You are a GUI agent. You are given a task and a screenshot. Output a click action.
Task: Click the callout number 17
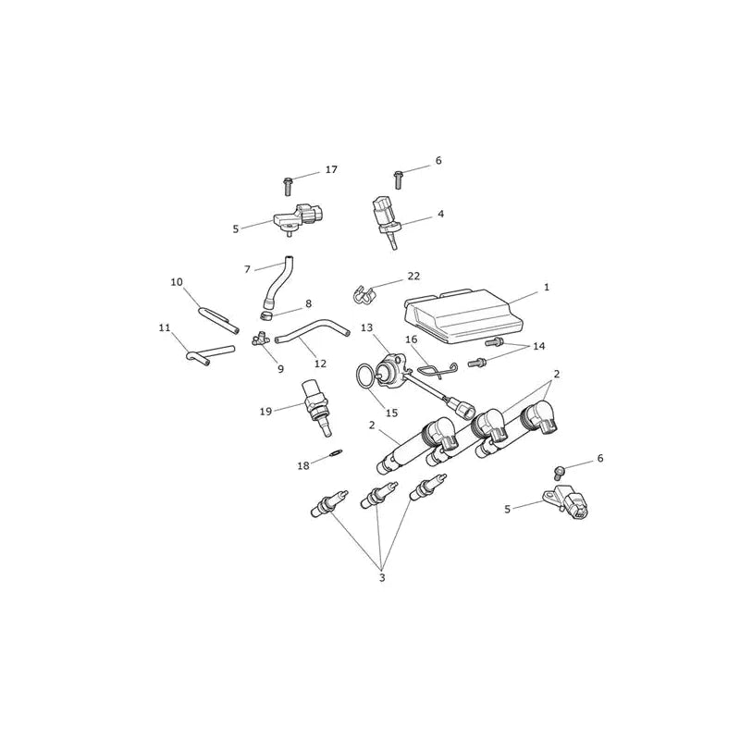[x=331, y=169]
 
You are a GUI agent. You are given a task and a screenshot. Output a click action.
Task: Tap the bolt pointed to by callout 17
[x=287, y=186]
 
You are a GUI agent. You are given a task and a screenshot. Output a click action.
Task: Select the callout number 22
[x=413, y=276]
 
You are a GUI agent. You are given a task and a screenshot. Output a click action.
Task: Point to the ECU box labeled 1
[x=463, y=315]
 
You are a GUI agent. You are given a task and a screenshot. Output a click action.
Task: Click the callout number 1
[x=547, y=287]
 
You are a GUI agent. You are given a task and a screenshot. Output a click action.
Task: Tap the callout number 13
[x=366, y=328]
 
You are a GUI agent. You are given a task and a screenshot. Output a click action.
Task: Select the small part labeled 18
[x=335, y=453]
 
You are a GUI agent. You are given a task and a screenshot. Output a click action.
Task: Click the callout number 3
[x=382, y=577]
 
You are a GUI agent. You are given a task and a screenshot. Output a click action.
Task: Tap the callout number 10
[x=177, y=282]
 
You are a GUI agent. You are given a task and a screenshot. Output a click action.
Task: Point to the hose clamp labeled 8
[x=267, y=314]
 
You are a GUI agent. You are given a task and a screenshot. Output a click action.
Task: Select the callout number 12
[x=320, y=364]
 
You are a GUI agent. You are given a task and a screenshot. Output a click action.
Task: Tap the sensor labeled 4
[x=385, y=221]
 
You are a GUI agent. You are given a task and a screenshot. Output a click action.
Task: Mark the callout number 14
[x=539, y=346]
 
